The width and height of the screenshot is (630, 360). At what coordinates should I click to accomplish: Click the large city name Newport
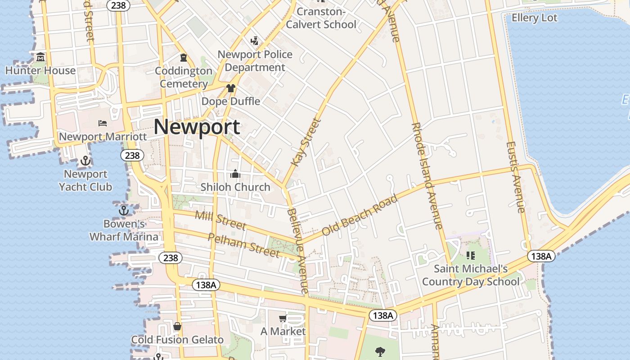tap(197, 126)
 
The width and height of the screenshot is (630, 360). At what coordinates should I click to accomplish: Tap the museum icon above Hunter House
tap(41, 57)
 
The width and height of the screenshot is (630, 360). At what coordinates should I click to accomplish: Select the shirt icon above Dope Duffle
tap(230, 88)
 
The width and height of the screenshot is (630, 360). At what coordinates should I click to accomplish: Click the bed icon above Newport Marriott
tap(103, 123)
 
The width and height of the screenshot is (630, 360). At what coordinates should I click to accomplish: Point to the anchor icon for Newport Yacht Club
tap(85, 161)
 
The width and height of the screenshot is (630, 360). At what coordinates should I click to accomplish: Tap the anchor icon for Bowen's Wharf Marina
tap(123, 210)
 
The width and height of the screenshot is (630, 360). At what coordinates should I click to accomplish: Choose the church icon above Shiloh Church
tap(235, 174)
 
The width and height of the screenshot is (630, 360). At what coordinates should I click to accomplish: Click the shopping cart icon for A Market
tap(283, 319)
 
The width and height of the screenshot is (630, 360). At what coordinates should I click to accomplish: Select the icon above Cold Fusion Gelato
tap(177, 326)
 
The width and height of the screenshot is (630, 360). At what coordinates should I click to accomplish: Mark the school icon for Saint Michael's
tap(471, 256)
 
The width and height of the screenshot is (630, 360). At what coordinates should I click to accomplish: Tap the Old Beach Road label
tap(360, 215)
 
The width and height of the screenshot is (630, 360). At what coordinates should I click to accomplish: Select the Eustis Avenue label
tap(516, 177)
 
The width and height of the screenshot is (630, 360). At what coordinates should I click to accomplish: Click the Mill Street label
tap(220, 220)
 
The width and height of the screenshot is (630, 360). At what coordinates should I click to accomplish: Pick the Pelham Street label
tap(243, 245)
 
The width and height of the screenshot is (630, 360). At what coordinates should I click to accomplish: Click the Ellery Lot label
tap(535, 18)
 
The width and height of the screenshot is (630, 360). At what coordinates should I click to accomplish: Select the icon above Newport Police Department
tap(255, 41)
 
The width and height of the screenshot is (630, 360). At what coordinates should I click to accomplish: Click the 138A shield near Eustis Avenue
tap(541, 256)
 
